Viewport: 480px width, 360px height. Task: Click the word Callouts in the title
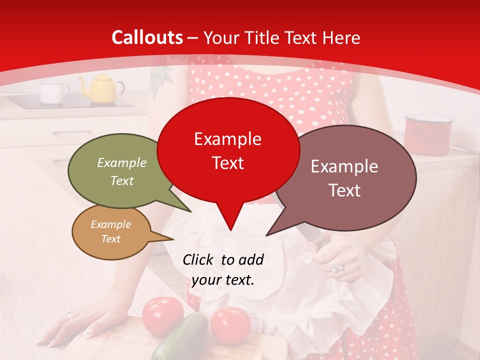pos(147,37)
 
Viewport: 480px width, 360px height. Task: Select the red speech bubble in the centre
pos(228,150)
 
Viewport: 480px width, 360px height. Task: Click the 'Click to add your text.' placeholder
pos(223,269)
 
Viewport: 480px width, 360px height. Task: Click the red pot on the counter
pos(428,131)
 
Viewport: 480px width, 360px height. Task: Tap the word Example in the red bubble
pos(227,139)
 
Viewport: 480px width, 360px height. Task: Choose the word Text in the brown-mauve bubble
pos(345,190)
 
